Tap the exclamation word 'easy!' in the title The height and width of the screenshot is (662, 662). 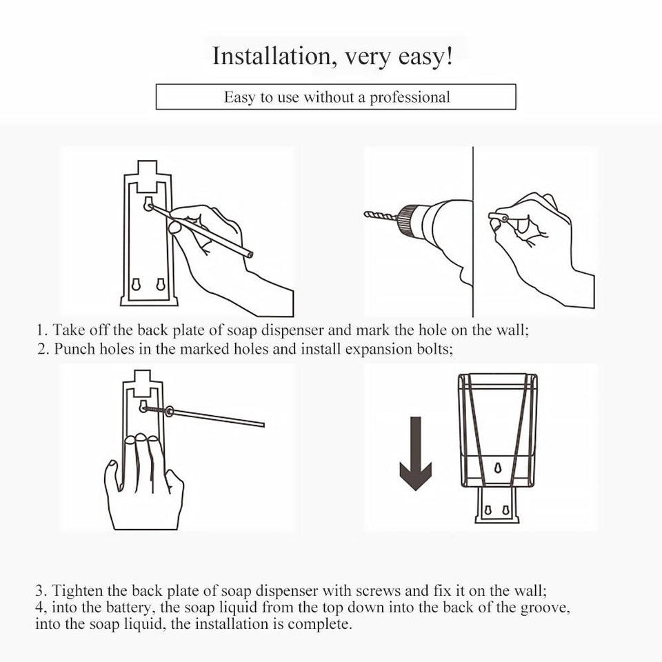tap(425, 57)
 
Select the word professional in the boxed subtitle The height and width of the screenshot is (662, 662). tap(410, 97)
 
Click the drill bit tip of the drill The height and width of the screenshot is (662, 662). tap(367, 214)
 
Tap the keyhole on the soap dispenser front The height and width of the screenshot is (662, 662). tap(498, 470)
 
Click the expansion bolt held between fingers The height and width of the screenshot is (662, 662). tap(499, 217)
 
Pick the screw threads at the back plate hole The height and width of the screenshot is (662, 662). tap(154, 410)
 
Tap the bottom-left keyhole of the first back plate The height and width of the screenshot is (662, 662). tap(137, 284)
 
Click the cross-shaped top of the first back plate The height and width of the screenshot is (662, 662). tap(146, 175)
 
